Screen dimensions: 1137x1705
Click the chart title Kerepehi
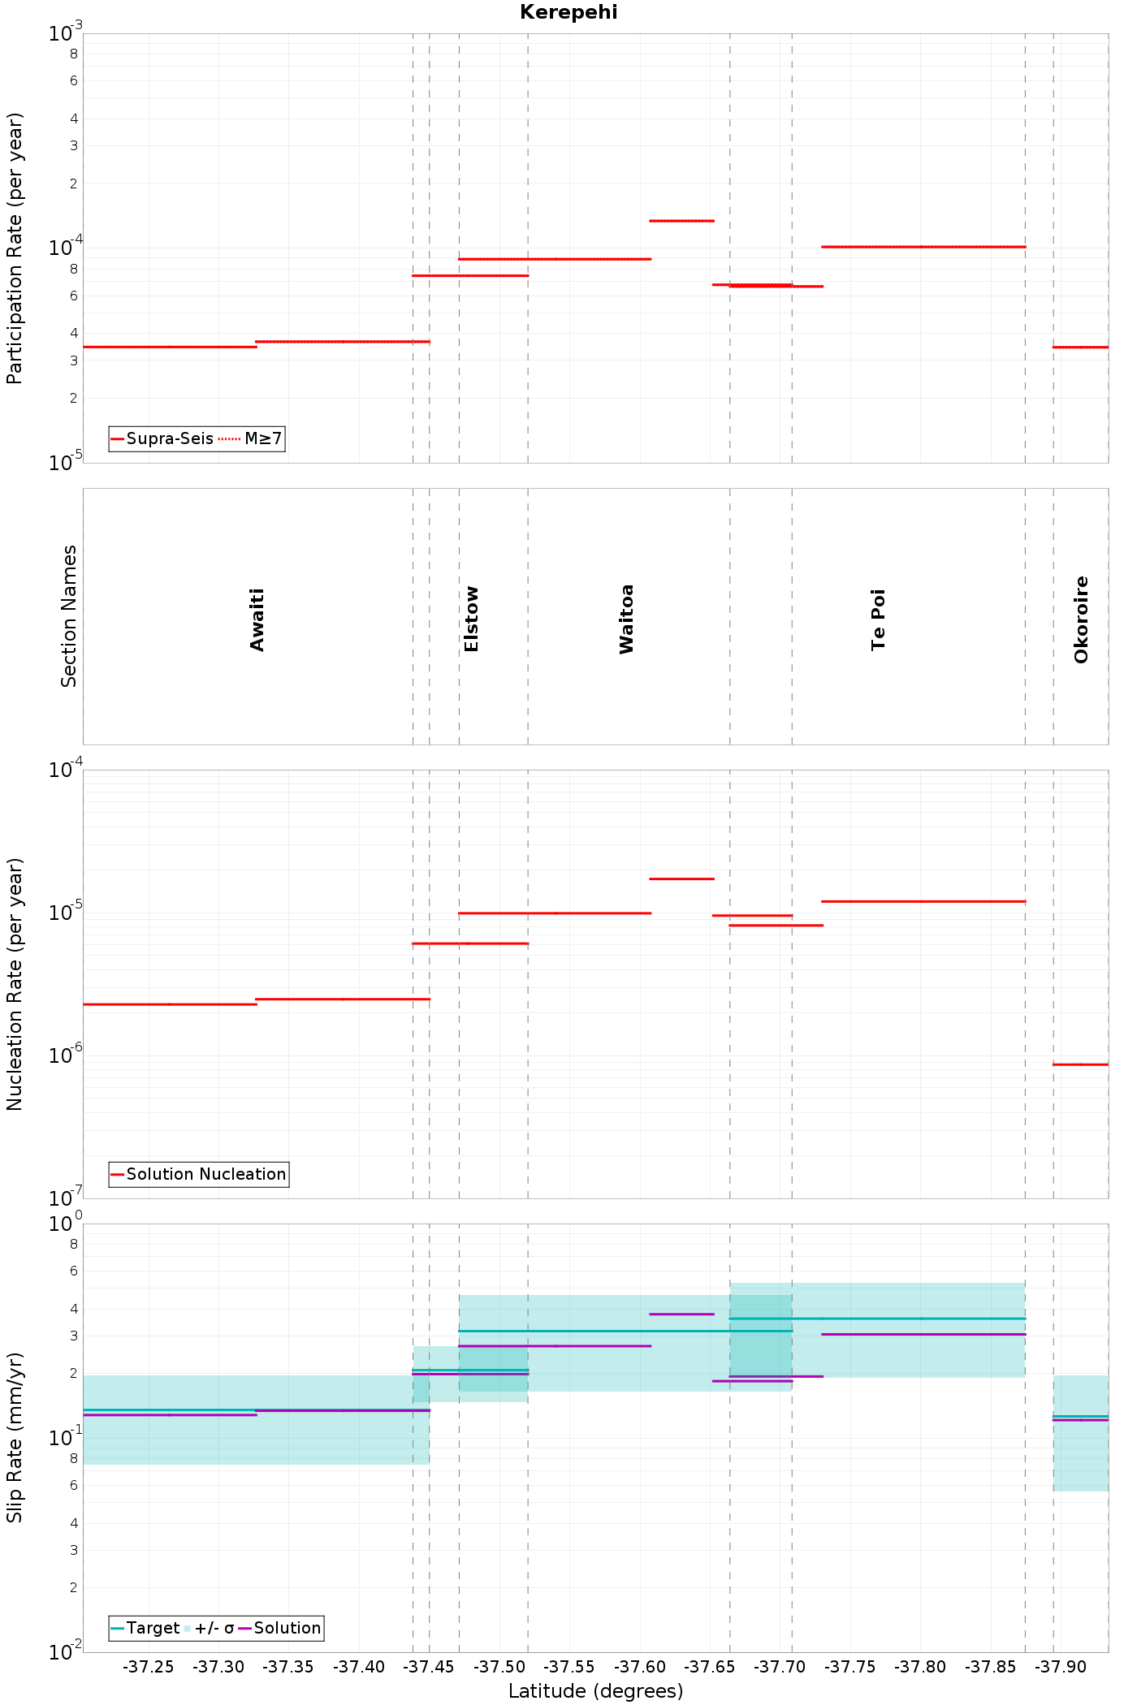coord(568,12)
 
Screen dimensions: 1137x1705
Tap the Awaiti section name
coord(257,620)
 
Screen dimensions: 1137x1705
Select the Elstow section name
coord(471,619)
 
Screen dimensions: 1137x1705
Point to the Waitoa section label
coord(626,619)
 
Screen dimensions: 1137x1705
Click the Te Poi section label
coord(878,619)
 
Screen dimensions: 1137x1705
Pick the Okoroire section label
coord(1081,619)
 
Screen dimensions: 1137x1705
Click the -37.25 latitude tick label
coord(148,1667)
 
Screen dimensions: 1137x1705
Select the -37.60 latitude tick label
coord(640,1667)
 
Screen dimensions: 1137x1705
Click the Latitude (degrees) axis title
coord(595,1691)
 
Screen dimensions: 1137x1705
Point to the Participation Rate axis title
coord(15,248)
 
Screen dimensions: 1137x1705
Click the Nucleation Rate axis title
coord(15,984)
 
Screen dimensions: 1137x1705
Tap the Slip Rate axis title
coord(15,1437)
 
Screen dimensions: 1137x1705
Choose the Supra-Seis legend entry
coord(162,439)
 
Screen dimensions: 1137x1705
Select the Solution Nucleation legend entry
coord(198,1174)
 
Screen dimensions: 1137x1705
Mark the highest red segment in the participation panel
coord(681,221)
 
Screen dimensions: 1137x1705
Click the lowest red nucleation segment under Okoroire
coord(1080,1064)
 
